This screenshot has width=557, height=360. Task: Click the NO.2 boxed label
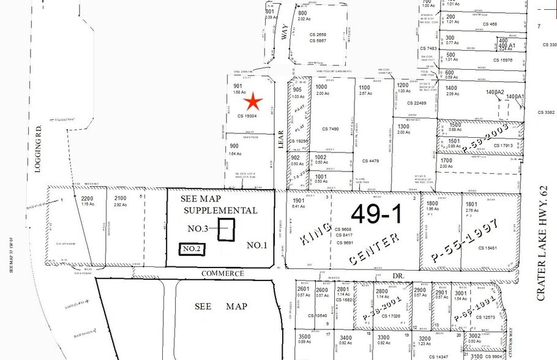[192, 249]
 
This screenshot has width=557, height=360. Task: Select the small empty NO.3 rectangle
[226, 230]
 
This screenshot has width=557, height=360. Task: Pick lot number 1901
[298, 200]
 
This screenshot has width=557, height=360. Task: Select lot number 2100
[121, 198]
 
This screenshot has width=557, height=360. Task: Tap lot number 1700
[446, 160]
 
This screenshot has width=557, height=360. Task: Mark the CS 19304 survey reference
[248, 116]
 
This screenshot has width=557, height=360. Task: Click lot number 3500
[304, 337]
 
